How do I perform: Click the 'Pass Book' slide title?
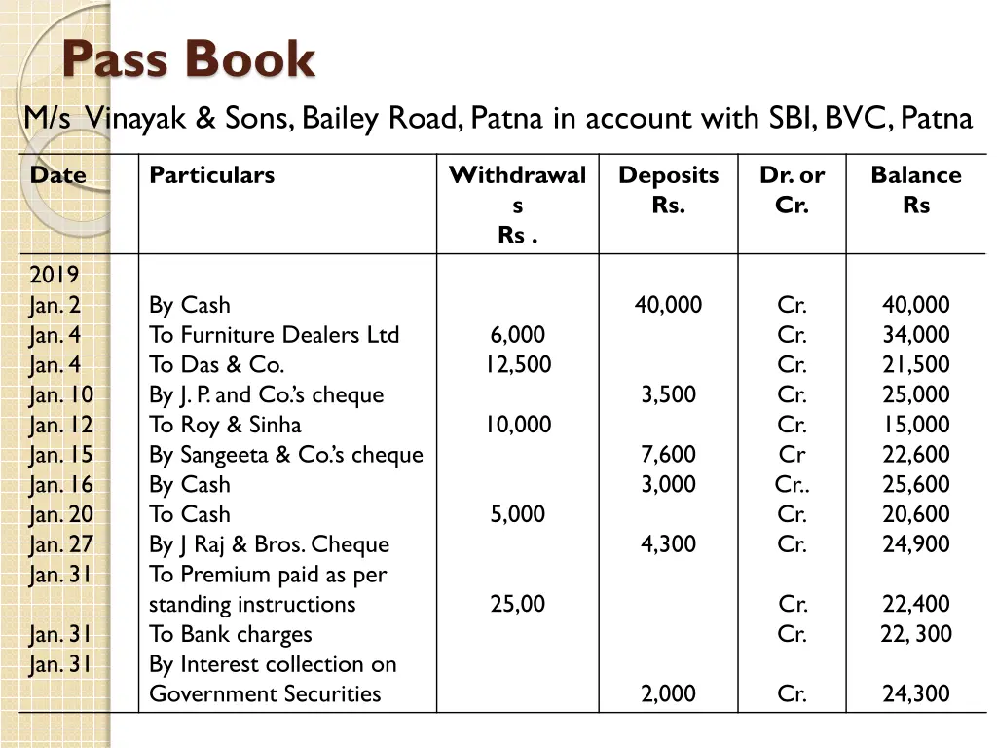pyautogui.click(x=188, y=60)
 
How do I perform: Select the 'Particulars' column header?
pyautogui.click(x=211, y=175)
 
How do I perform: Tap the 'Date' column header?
pyautogui.click(x=57, y=175)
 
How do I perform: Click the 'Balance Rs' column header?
pyautogui.click(x=915, y=190)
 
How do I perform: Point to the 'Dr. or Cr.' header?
pyautogui.click(x=792, y=190)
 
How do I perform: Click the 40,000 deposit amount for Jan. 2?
pyautogui.click(x=668, y=305)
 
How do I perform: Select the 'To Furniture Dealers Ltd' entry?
pyautogui.click(x=274, y=335)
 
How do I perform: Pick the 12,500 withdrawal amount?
pyautogui.click(x=518, y=365)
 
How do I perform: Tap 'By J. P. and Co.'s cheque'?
pyautogui.click(x=266, y=395)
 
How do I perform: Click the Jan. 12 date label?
pyautogui.click(x=61, y=425)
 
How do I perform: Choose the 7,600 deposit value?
pyautogui.click(x=668, y=455)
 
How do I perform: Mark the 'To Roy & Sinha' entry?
pyautogui.click(x=225, y=425)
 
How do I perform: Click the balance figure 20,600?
pyautogui.click(x=915, y=514)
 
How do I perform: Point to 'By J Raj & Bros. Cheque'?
pyautogui.click(x=269, y=544)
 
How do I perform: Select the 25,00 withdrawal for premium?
pyautogui.click(x=518, y=604)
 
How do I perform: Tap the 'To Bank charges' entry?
pyautogui.click(x=230, y=634)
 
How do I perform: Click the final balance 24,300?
pyautogui.click(x=915, y=694)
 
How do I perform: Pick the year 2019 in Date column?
pyautogui.click(x=55, y=275)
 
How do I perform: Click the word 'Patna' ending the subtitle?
pyautogui.click(x=937, y=119)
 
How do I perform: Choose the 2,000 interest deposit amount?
pyautogui.click(x=668, y=694)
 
